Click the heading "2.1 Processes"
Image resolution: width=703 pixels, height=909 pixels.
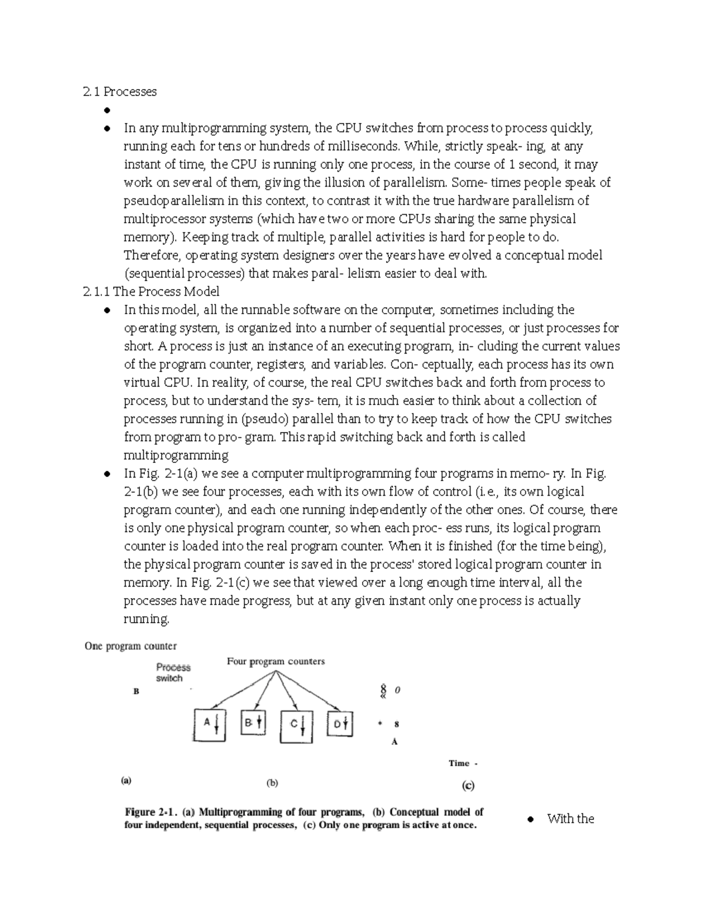pos(120,91)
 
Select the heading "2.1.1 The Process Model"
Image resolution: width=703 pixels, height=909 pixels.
pos(151,291)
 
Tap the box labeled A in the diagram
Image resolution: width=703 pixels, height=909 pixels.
pos(209,725)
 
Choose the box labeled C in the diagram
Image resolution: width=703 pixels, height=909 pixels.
pos(296,726)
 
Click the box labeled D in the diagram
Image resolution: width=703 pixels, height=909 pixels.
pos(340,724)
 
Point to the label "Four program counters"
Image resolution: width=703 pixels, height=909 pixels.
pos(275,661)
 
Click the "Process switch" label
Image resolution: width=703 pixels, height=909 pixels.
pos(173,673)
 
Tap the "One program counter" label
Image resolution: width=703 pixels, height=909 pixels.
pos(131,646)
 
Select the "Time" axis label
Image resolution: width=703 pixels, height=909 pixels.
pos(459,763)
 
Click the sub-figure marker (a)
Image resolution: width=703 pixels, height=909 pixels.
pos(126,780)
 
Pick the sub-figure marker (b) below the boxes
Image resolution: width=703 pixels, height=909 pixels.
pos(272,783)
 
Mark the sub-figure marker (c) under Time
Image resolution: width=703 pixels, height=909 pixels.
pos(468,785)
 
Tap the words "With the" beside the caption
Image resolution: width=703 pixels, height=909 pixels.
pos(570,819)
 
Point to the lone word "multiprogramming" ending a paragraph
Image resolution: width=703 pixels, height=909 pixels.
pos(176,455)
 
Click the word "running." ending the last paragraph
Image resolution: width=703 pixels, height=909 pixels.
pos(146,619)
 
